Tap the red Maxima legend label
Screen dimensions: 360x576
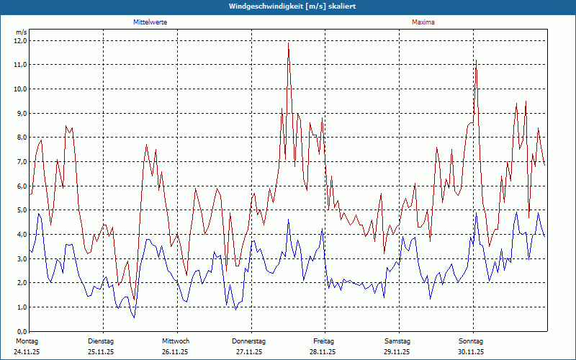[423, 22]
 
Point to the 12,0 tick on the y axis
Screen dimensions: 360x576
[20, 40]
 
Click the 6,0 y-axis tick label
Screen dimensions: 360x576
[20, 186]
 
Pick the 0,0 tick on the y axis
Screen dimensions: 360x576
[20, 330]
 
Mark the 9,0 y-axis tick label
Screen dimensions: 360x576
[20, 113]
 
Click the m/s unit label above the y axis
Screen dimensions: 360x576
[21, 32]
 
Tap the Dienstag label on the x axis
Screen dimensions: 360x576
[101, 341]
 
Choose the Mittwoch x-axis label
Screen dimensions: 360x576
[176, 341]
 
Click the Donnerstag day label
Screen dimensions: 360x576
[249, 341]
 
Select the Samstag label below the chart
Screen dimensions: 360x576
[397, 341]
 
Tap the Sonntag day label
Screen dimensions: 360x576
[471, 341]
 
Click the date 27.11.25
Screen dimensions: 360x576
[249, 352]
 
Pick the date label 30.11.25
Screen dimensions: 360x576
[471, 352]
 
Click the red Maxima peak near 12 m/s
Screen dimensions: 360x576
[289, 42]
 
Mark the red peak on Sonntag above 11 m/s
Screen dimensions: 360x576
[476, 60]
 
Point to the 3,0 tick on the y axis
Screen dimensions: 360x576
[20, 258]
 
